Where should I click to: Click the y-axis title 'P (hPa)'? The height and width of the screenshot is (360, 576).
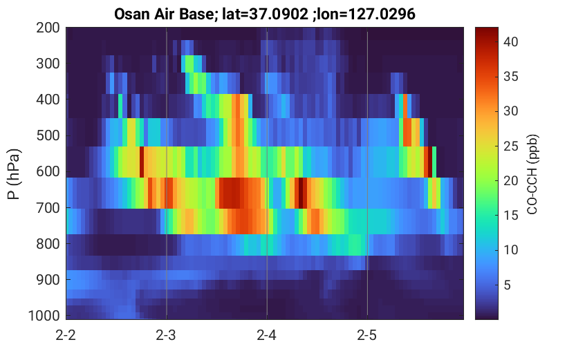click(14, 174)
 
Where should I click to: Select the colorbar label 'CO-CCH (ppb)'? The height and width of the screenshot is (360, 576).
click(532, 174)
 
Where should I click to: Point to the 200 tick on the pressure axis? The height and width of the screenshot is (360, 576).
click(48, 28)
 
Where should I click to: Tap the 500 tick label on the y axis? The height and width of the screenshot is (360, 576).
click(48, 135)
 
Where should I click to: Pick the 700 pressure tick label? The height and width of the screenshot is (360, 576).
click(48, 208)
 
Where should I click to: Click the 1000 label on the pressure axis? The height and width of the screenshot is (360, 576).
click(44, 316)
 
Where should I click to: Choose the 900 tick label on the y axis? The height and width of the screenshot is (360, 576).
click(48, 280)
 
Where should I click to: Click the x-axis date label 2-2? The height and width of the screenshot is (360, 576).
click(66, 335)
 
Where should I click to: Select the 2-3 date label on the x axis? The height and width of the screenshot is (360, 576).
click(166, 335)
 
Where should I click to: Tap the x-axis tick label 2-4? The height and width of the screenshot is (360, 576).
click(266, 335)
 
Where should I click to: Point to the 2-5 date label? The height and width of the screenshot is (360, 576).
click(367, 335)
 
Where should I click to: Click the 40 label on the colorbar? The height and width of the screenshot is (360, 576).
click(510, 42)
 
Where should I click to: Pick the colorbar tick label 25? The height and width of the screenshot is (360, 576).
click(510, 146)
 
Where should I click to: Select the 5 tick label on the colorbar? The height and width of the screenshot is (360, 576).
click(507, 285)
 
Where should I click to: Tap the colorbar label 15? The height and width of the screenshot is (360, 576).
click(510, 216)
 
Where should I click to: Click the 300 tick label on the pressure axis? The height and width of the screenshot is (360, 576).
click(48, 64)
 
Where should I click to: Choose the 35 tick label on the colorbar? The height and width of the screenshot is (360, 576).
click(510, 77)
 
